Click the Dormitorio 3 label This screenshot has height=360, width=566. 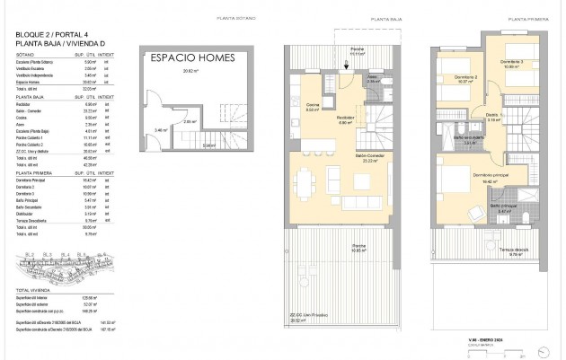click(513, 62)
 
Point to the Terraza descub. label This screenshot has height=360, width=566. click(512, 250)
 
